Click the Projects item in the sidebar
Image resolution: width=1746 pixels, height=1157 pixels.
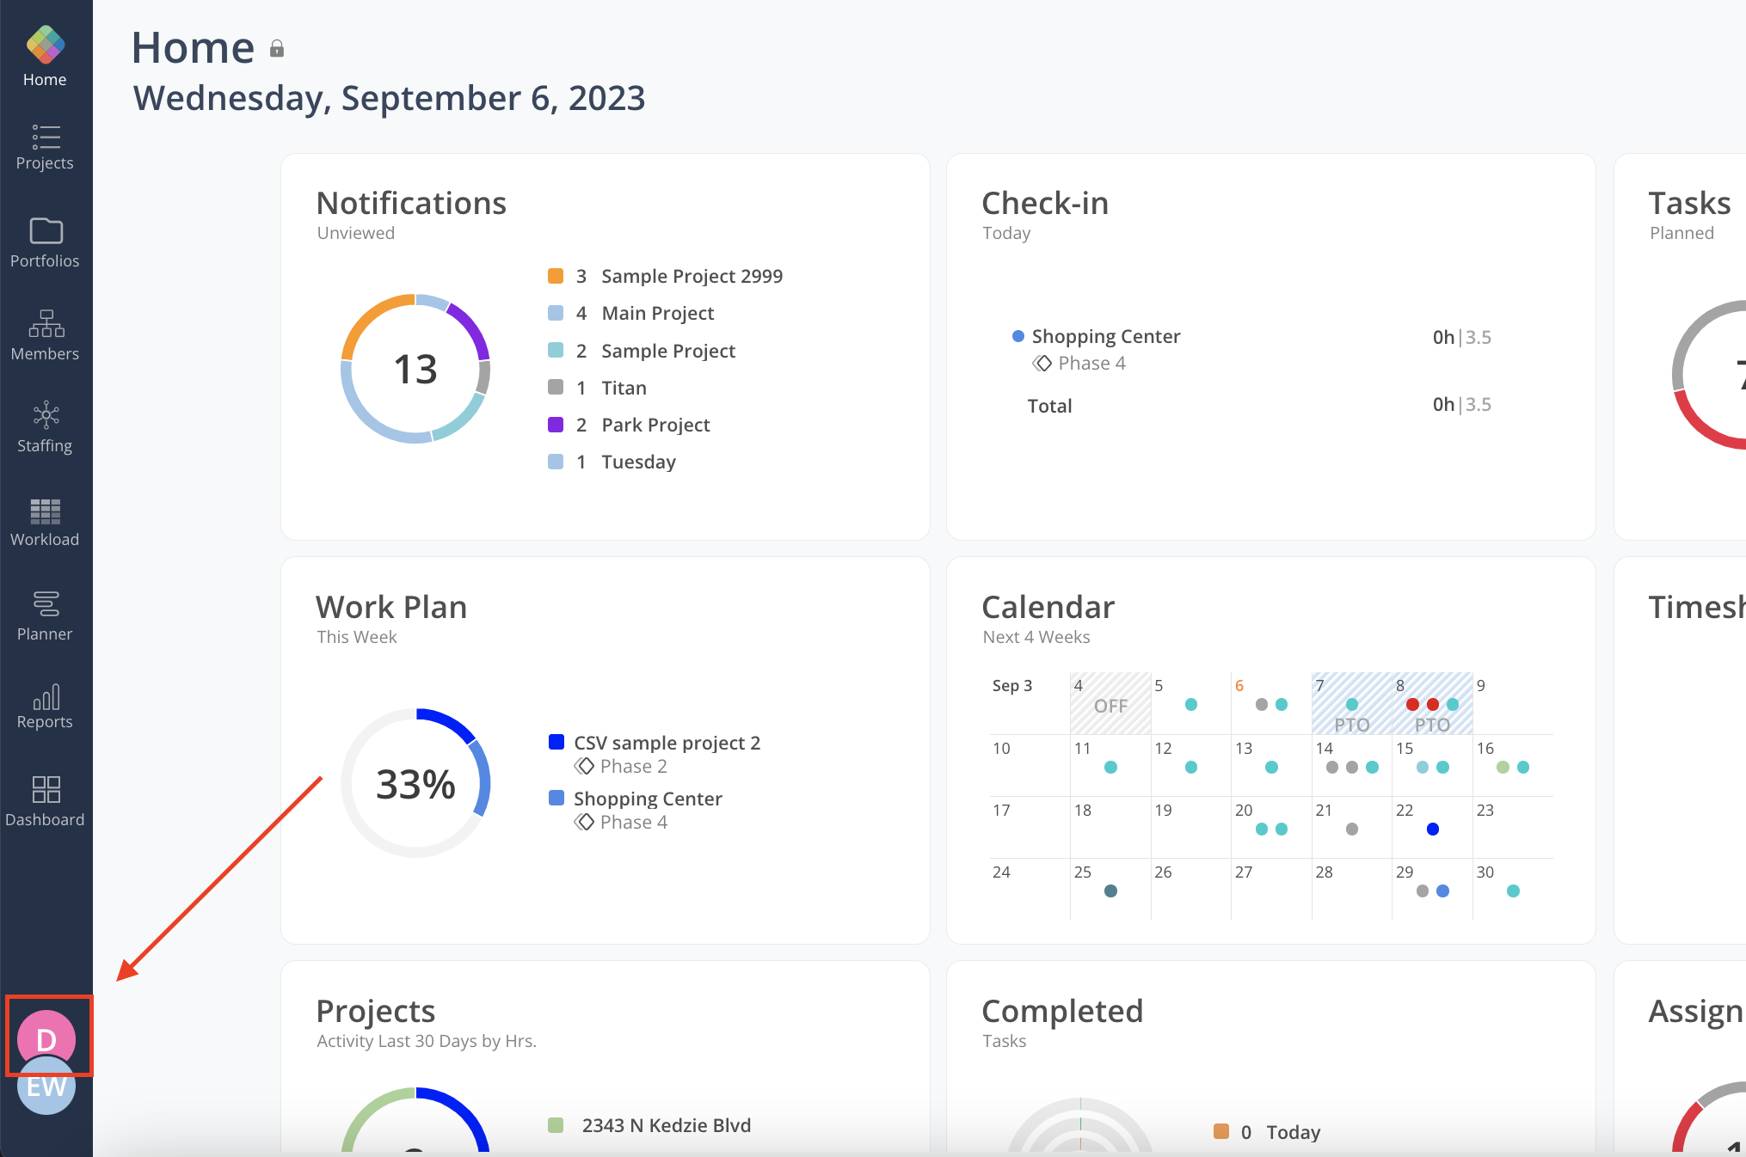click(x=45, y=147)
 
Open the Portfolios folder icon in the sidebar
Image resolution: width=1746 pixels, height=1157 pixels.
click(x=46, y=231)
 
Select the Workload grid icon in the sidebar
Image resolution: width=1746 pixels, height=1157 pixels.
click(x=45, y=511)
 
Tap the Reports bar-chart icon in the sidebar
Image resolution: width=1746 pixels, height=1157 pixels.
click(x=46, y=697)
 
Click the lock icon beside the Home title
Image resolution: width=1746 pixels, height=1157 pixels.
click(x=277, y=49)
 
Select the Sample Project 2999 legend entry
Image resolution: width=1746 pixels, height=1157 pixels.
click(x=692, y=276)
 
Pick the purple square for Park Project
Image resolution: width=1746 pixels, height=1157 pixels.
click(x=556, y=425)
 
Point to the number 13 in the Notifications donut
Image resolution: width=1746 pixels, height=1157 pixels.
click(x=415, y=370)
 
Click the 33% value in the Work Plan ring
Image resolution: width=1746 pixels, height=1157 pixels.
click(x=415, y=784)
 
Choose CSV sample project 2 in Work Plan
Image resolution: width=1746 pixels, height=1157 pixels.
click(x=667, y=743)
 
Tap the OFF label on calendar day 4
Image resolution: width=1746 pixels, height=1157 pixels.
click(x=1110, y=707)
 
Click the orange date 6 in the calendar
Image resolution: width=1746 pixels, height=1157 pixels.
click(x=1239, y=686)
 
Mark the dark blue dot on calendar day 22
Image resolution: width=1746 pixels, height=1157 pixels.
click(x=1433, y=829)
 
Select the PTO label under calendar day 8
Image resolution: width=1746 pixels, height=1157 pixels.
click(x=1432, y=725)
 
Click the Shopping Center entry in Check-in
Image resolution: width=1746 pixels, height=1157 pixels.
click(x=1105, y=336)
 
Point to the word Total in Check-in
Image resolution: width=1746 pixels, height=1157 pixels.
click(x=1049, y=406)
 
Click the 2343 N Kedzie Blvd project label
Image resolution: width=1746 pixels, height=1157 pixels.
click(x=666, y=1125)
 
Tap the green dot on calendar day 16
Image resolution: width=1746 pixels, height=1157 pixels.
click(x=1503, y=768)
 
